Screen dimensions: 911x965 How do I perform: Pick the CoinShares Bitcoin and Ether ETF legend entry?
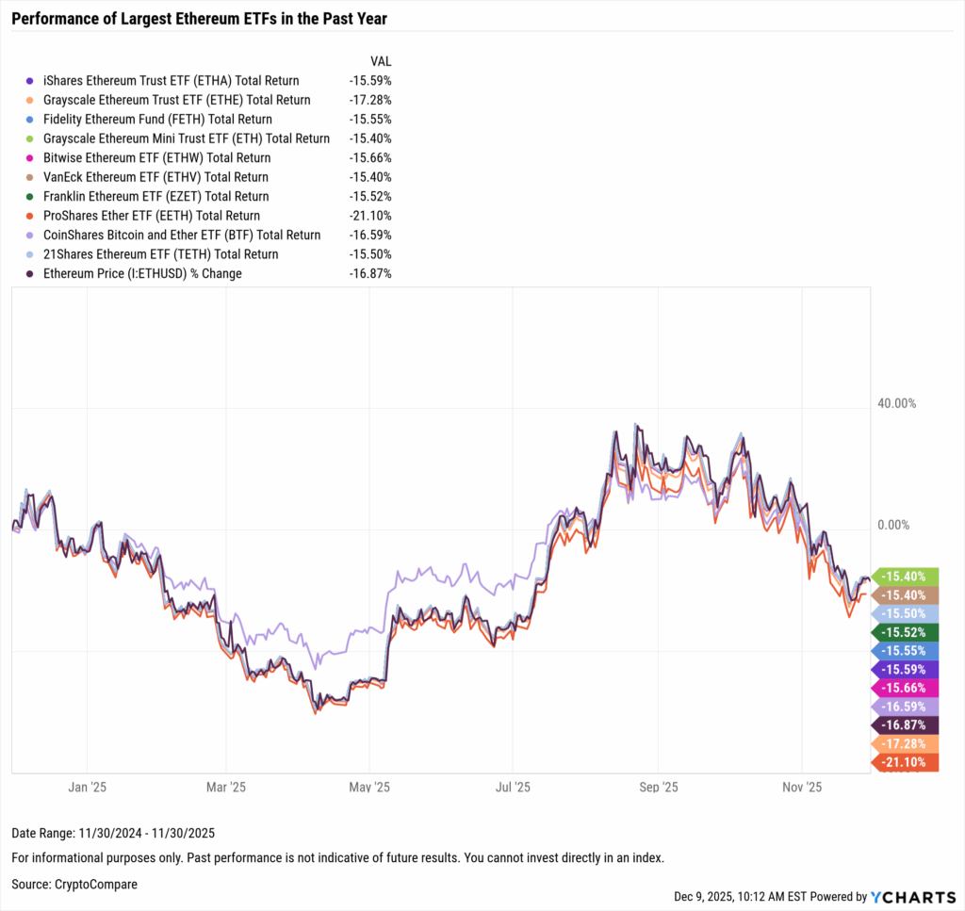pyautogui.click(x=182, y=235)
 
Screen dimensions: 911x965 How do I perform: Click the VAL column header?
pyautogui.click(x=381, y=60)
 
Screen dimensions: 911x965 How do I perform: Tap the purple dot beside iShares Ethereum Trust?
pyautogui.click(x=32, y=81)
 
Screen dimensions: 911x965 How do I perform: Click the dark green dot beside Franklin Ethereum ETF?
pyautogui.click(x=32, y=197)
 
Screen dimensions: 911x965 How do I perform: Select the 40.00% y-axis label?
pyautogui.click(x=896, y=403)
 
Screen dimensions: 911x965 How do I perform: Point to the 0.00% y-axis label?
pyautogui.click(x=896, y=526)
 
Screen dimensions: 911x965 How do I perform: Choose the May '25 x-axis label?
pyautogui.click(x=369, y=787)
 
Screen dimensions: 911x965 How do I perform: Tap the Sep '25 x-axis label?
pyautogui.click(x=658, y=787)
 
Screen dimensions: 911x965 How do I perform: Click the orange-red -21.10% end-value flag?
pyautogui.click(x=907, y=762)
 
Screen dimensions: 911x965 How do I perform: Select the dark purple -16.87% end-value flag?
pyautogui.click(x=907, y=725)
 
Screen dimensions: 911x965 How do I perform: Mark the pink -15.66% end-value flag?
pyautogui.click(x=907, y=688)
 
